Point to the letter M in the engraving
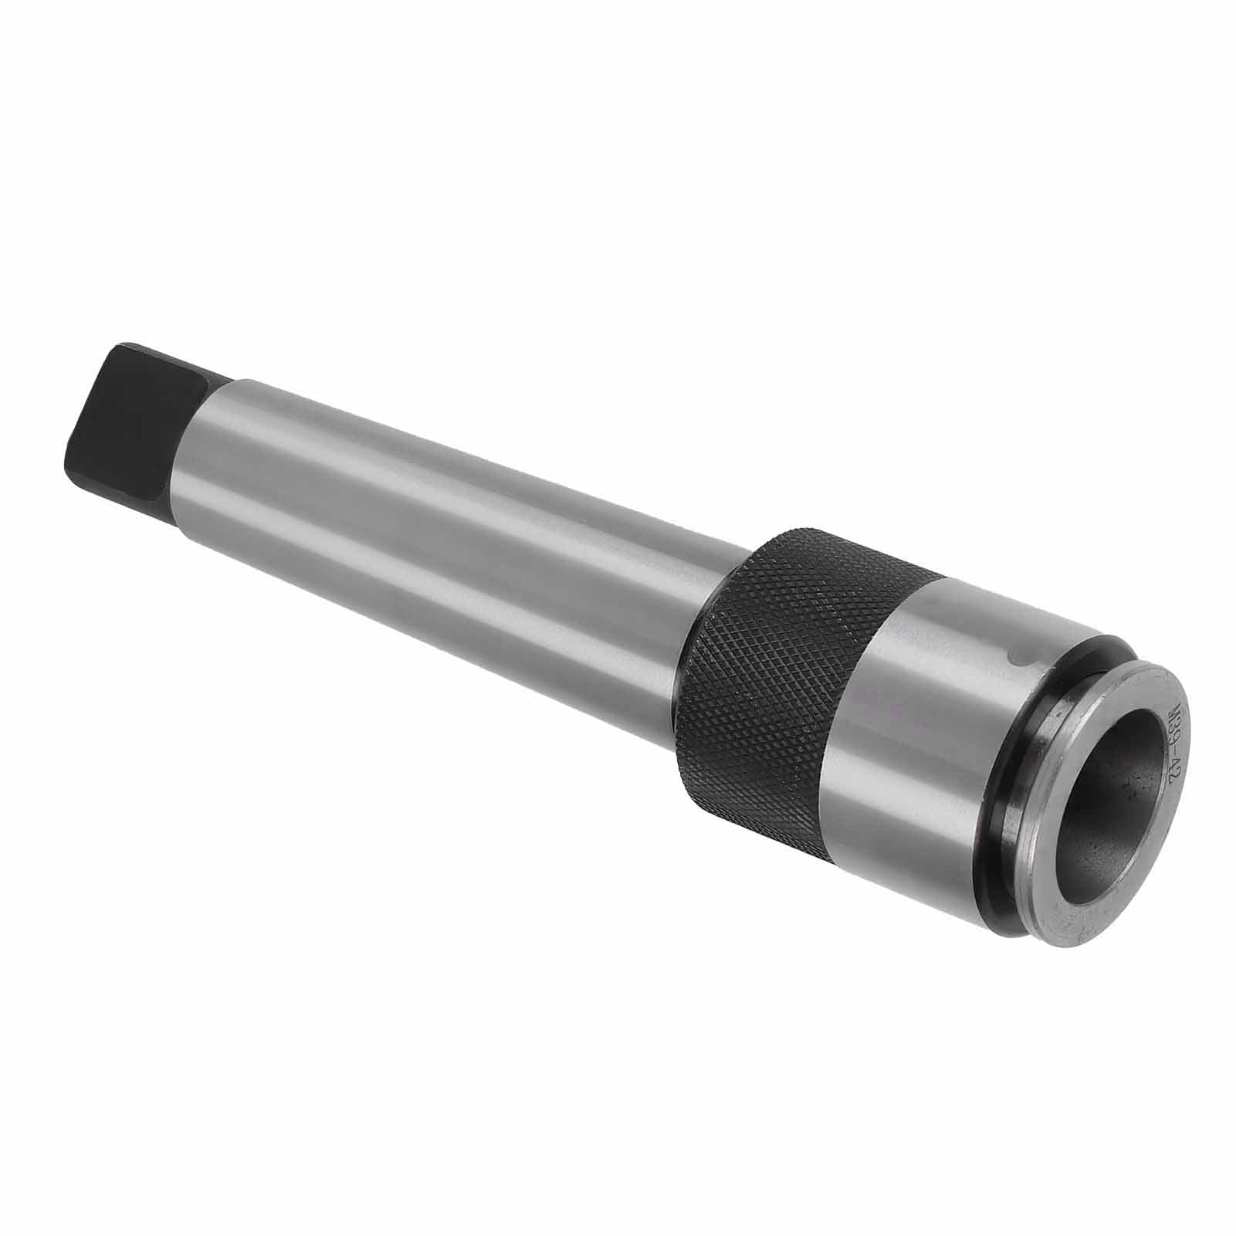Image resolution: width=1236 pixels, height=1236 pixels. click(1173, 712)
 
